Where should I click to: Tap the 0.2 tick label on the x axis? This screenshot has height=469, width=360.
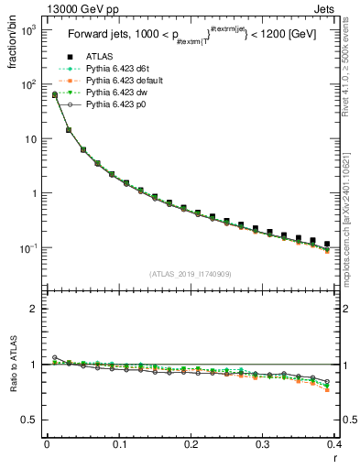(x=191, y=444)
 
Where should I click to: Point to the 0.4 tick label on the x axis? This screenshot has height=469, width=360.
(x=334, y=444)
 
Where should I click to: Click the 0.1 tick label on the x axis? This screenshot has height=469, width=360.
(x=119, y=444)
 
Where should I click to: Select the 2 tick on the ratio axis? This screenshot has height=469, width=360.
(x=36, y=309)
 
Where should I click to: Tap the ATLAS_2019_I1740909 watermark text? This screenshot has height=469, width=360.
(x=191, y=274)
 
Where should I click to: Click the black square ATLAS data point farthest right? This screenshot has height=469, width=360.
(x=327, y=245)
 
